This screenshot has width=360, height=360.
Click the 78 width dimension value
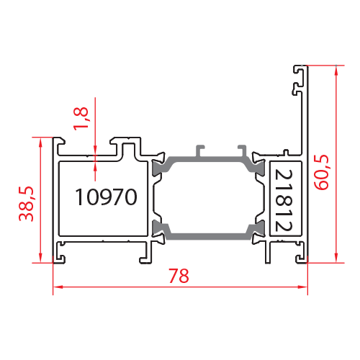pyautogui.click(x=179, y=276)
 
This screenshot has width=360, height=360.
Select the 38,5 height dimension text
pyautogui.click(x=27, y=204)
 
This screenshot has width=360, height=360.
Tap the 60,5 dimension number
pyautogui.click(x=321, y=172)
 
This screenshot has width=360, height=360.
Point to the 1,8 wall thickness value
pyautogui.click(x=81, y=119)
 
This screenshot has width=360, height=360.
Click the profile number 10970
pyautogui.click(x=106, y=197)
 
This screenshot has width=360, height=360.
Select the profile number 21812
pyautogui.click(x=284, y=200)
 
